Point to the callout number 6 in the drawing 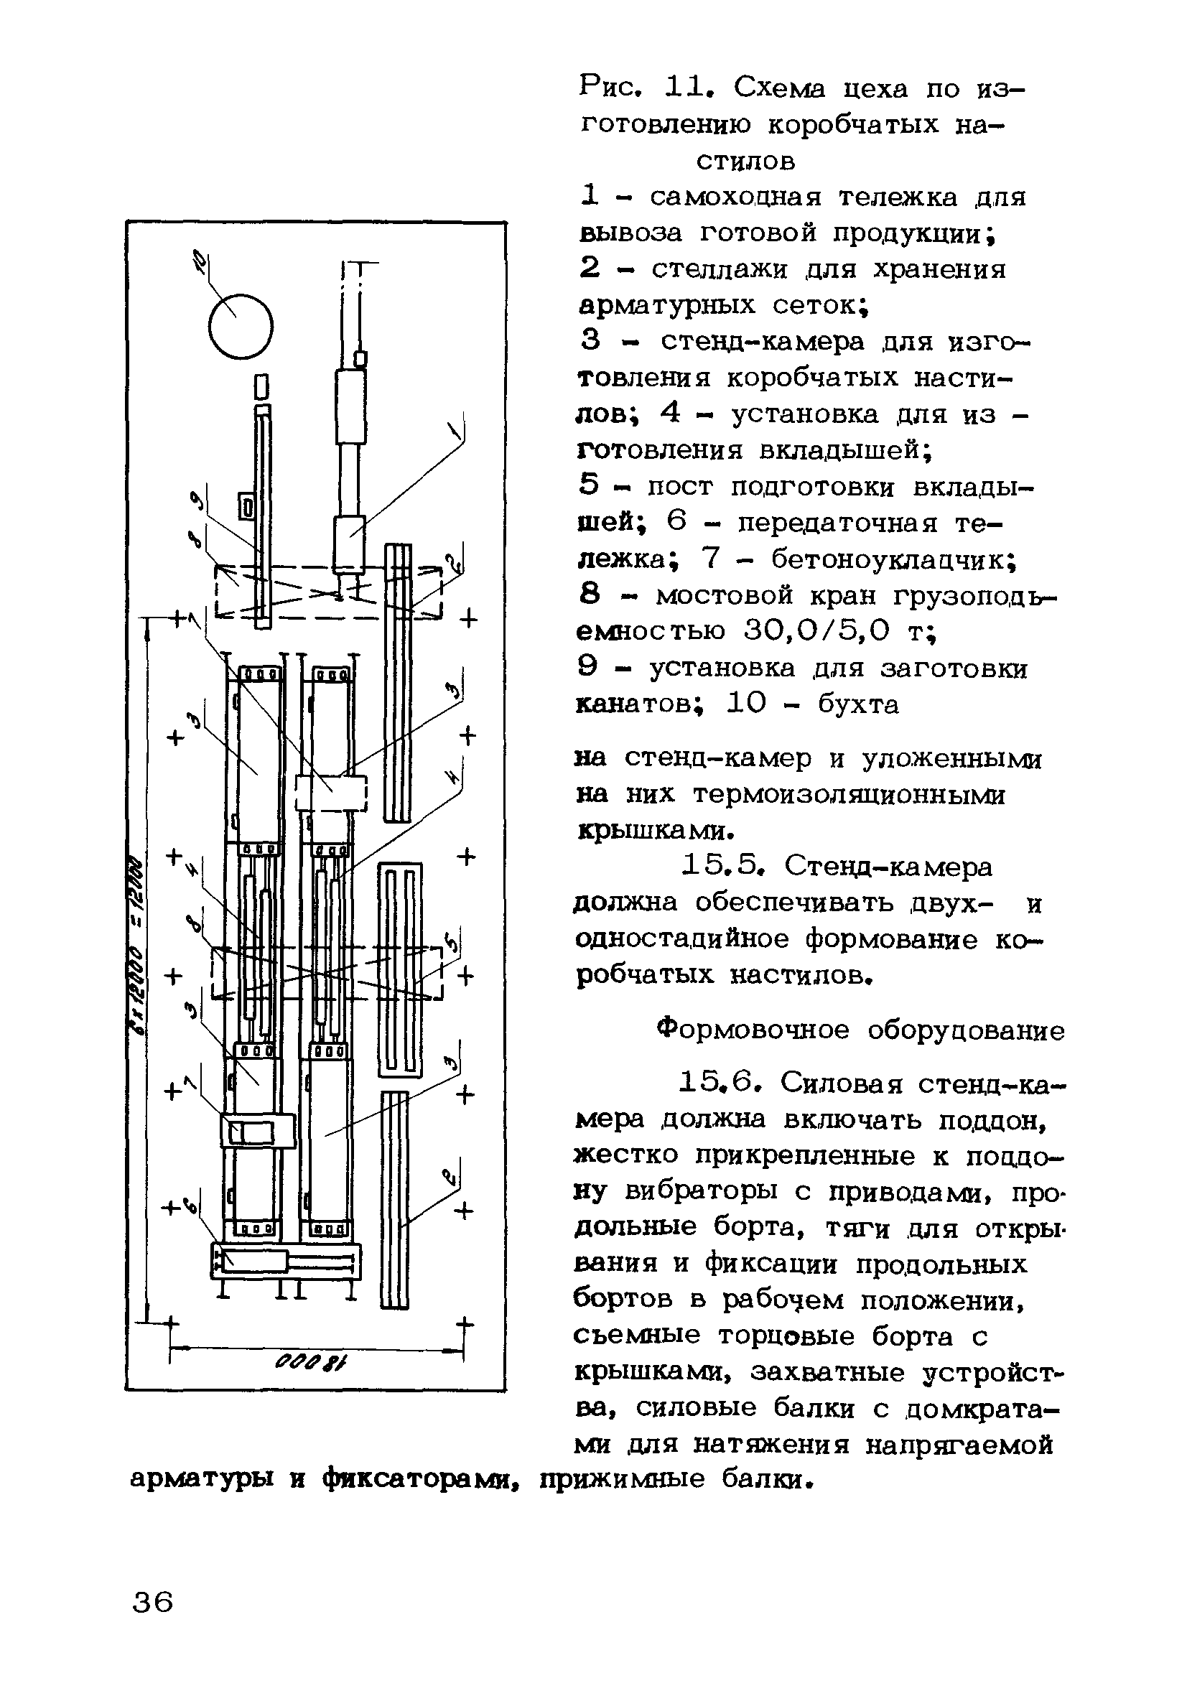[x=191, y=1206]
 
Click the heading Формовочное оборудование [x=860, y=1029]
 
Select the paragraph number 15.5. [x=725, y=866]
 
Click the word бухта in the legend [x=858, y=704]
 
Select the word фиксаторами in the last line [x=418, y=1479]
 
